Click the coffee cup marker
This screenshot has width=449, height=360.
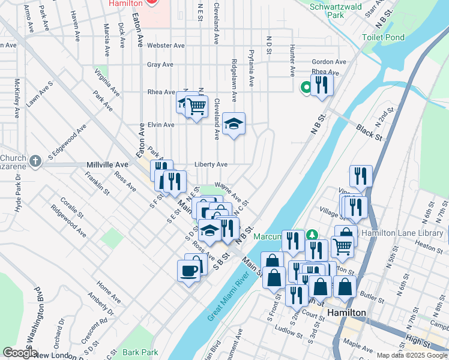point(189,271)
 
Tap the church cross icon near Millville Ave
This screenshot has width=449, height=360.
point(35,161)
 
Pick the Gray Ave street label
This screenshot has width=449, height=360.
point(160,65)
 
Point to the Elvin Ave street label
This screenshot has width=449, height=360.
point(160,125)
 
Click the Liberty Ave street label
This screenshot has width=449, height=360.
point(210,164)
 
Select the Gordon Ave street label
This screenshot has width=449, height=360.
point(329,62)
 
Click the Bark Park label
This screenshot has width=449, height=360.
point(139,352)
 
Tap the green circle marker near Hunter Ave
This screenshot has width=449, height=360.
point(306,88)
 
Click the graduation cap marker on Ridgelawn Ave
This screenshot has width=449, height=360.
point(234,124)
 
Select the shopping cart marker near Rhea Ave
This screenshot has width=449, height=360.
point(196,107)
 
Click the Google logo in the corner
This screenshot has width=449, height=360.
point(19,353)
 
